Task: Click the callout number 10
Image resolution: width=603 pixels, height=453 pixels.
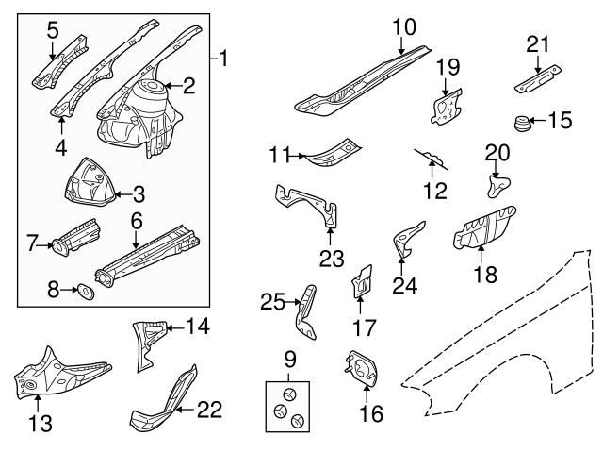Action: [404, 27]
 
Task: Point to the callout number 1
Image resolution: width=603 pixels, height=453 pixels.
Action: [222, 59]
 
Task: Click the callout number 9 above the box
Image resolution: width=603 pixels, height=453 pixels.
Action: [290, 358]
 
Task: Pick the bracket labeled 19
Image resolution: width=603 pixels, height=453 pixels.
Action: [443, 104]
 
